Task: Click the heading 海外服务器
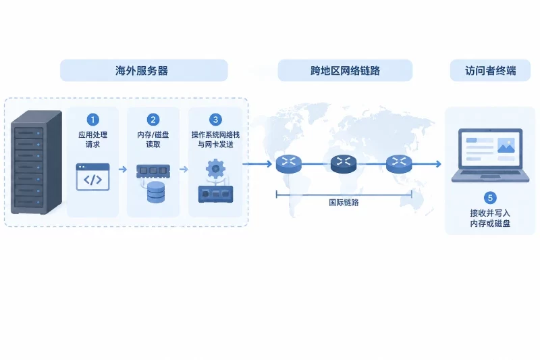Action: click(142, 71)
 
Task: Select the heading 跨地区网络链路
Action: click(345, 71)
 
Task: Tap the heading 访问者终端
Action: click(491, 71)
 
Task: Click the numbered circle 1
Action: click(92, 120)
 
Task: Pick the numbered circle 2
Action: click(153, 120)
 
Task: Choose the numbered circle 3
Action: click(215, 120)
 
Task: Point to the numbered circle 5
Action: click(490, 198)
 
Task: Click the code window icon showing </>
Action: click(92, 177)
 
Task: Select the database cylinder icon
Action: click(156, 192)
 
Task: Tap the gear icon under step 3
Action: click(215, 169)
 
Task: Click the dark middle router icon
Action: click(344, 163)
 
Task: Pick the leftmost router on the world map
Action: click(289, 163)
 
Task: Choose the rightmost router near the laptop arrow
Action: click(399, 163)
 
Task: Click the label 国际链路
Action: click(344, 203)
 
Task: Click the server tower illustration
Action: click(36, 162)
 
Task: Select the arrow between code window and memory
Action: click(123, 169)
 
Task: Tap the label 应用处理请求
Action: click(92, 140)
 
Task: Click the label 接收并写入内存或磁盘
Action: click(490, 218)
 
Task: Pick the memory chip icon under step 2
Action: click(153, 171)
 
